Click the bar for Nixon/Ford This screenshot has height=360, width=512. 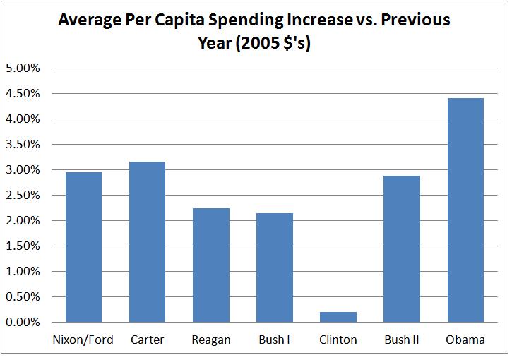tap(83, 247)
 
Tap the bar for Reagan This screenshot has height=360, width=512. tap(210, 265)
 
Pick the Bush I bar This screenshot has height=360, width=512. tap(274, 268)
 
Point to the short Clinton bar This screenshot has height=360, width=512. tap(338, 317)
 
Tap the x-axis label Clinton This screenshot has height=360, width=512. tap(338, 340)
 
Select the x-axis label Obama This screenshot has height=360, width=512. tap(465, 340)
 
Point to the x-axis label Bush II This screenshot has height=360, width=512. tap(401, 340)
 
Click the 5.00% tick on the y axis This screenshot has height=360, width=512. tap(23, 68)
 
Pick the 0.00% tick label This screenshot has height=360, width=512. tap(23, 323)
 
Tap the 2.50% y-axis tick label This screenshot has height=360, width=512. tap(23, 196)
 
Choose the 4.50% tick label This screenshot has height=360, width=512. tap(23, 94)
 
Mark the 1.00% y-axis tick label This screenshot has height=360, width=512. tap(23, 272)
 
